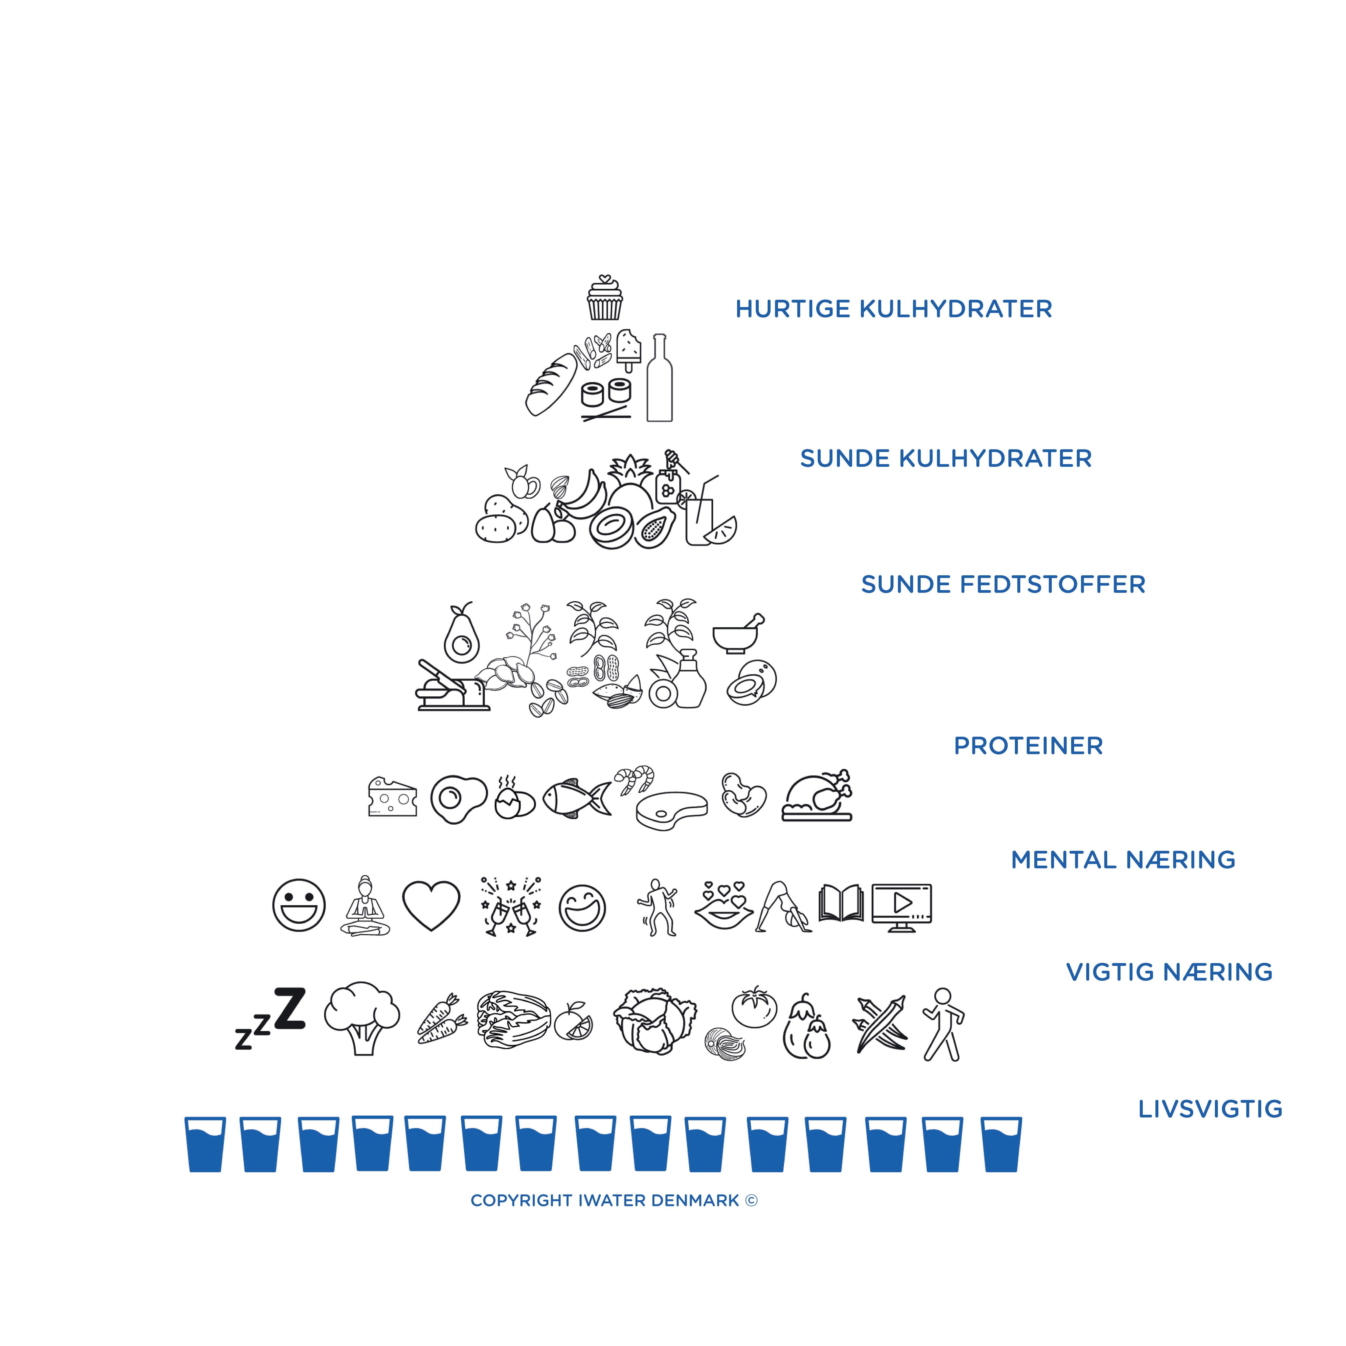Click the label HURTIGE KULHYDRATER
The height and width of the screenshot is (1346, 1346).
[x=894, y=309]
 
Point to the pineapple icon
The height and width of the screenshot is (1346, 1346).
[x=630, y=483]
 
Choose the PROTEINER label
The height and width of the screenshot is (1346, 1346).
[x=1028, y=746]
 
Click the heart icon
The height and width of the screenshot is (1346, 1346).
[x=431, y=906]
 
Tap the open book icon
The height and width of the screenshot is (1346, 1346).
[x=841, y=904]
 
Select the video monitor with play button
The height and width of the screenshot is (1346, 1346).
[x=902, y=907]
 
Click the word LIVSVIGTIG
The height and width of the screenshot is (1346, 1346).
[x=1210, y=1109]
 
